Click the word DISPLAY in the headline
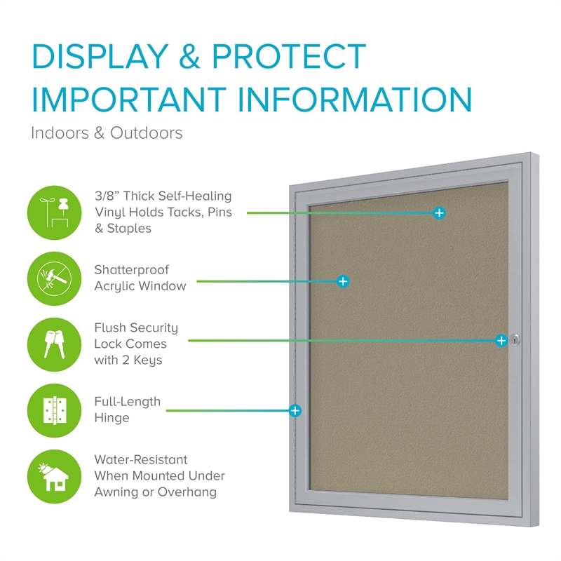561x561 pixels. coord(100,56)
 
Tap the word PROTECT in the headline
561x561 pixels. coord(289,56)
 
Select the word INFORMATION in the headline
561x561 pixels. coord(355,99)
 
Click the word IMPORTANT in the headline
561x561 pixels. coord(129,99)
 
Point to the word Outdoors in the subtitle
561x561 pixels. coord(147,133)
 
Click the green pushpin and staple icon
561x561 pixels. coord(55,213)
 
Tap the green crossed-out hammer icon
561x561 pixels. coord(55,278)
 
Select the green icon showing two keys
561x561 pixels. coord(55,344)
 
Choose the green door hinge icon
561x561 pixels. coord(55,410)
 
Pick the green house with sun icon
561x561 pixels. coord(55,477)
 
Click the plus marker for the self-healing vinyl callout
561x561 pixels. coord(440,213)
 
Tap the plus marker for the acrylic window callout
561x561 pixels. coord(343,282)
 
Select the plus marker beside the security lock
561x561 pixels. coord(501,341)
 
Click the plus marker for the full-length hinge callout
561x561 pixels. coord(295,411)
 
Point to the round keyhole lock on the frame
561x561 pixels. coord(515,340)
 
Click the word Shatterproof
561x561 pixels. coord(131,270)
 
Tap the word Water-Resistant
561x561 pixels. coord(141,459)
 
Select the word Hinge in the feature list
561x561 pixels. coord(111,418)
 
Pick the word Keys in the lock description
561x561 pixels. coord(148,360)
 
